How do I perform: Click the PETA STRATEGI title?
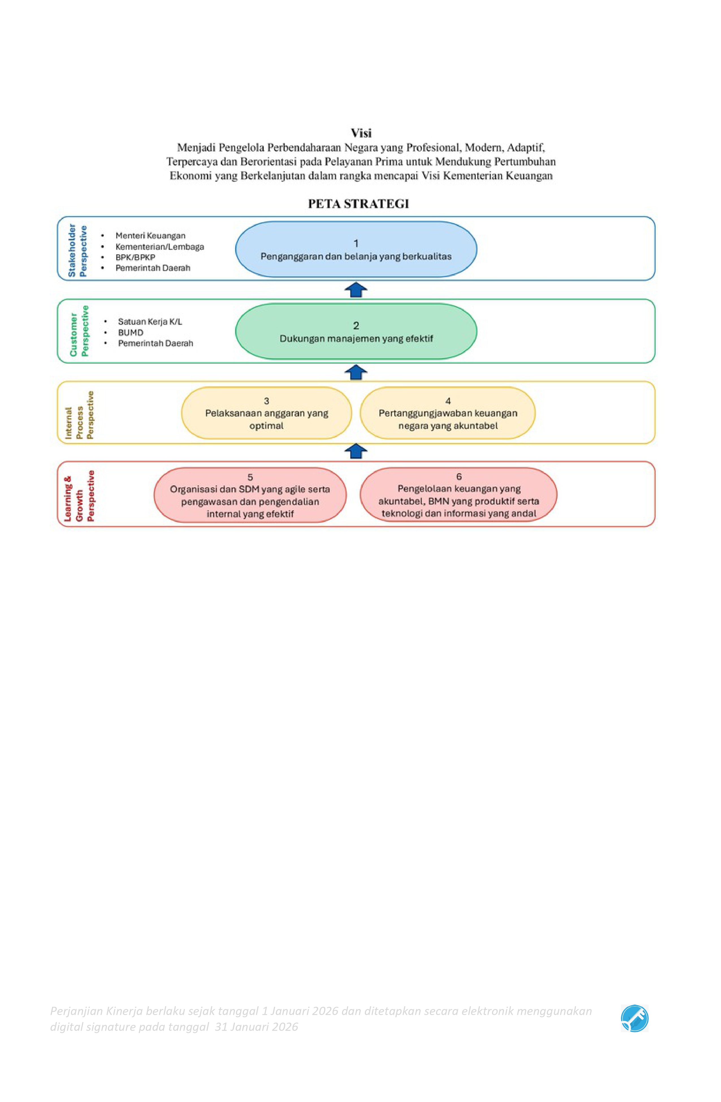(x=358, y=204)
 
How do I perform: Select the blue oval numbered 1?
(x=356, y=249)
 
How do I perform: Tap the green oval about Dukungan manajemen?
(x=356, y=332)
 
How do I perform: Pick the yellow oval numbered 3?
(x=267, y=413)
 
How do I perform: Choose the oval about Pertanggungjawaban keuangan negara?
(x=448, y=413)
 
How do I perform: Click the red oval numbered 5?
(x=250, y=495)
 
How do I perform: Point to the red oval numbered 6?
(x=458, y=495)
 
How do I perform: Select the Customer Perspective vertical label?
(x=79, y=331)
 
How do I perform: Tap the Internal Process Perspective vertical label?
(x=79, y=415)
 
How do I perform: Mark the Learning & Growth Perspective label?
(x=79, y=496)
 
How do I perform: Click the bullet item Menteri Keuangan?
(x=150, y=236)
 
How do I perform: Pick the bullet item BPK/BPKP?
(x=135, y=257)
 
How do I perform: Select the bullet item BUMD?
(x=131, y=332)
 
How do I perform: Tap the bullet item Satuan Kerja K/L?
(x=150, y=321)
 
